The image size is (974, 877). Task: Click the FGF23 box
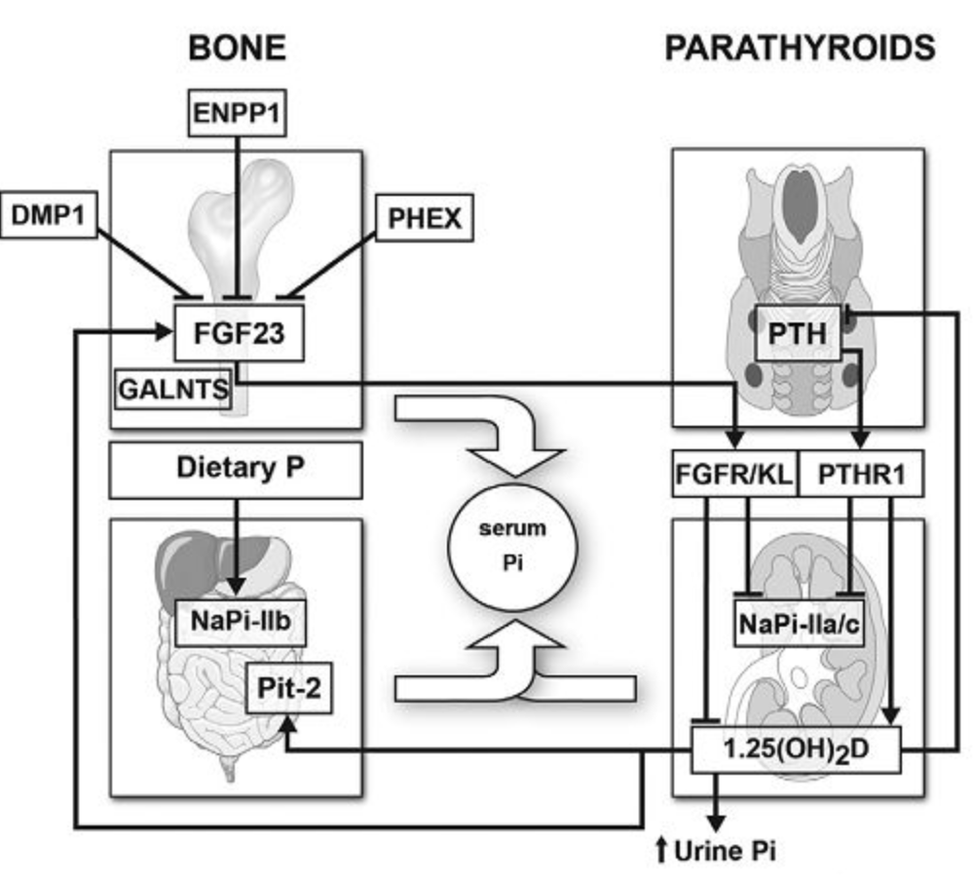pos(240,332)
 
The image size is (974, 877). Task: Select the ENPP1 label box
pos(237,113)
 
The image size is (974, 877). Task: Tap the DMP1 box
pos(49,215)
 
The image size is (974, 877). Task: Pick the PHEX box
pos(425,218)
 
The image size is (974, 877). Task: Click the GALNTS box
pos(173,390)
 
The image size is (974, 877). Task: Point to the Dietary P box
pos(236,471)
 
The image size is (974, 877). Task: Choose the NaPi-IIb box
pos(241,622)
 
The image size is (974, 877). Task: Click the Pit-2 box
pos(289,688)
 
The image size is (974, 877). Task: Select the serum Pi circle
pos(512,547)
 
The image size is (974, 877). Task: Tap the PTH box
pos(798,333)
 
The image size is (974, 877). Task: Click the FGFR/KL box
pos(734,475)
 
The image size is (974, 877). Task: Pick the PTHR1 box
pos(861,475)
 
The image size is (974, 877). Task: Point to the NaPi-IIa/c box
pos(799,624)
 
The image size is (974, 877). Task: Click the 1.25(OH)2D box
pos(797,749)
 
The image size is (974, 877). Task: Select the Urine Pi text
pos(725,851)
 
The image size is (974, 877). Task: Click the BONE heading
pos(238,48)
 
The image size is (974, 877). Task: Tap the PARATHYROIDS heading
pos(800,48)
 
